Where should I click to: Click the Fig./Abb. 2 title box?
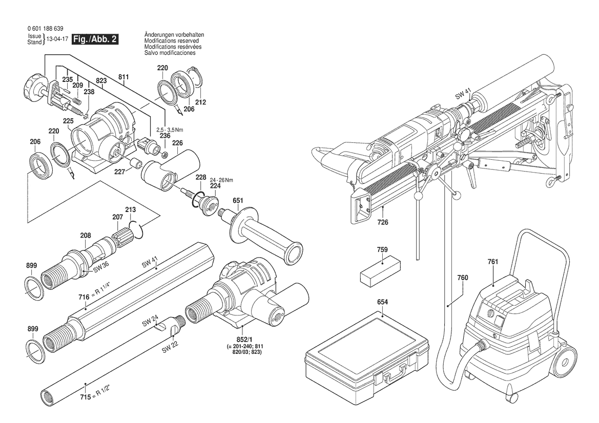[95, 39]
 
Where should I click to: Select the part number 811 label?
[123, 77]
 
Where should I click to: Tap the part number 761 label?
[492, 262]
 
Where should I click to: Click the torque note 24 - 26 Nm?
[221, 180]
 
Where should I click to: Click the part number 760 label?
[463, 278]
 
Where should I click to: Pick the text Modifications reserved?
[171, 40]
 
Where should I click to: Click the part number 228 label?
[201, 177]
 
